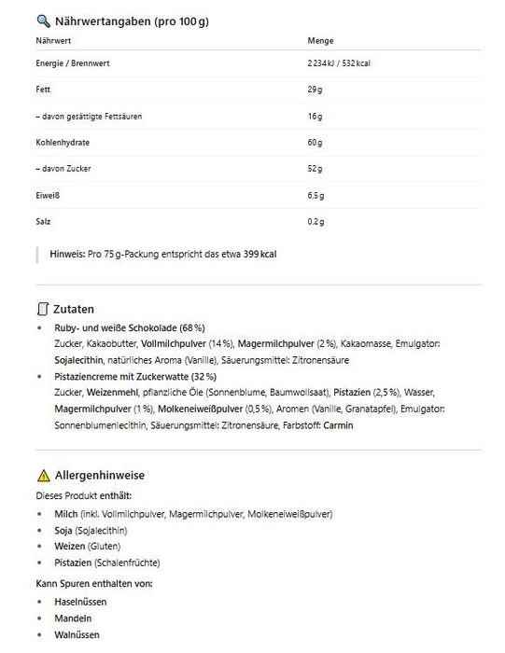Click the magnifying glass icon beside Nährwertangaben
coord(42,20)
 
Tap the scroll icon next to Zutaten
coord(42,308)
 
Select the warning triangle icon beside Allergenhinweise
coord(42,475)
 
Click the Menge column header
coord(320,41)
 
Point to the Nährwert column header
coord(54,41)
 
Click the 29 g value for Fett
coord(315,90)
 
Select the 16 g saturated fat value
coord(315,116)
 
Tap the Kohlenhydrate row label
coord(63,143)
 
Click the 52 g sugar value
coord(315,169)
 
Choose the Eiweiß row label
coord(49,196)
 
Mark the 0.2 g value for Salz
coord(316,222)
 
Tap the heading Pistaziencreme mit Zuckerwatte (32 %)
coord(136,377)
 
